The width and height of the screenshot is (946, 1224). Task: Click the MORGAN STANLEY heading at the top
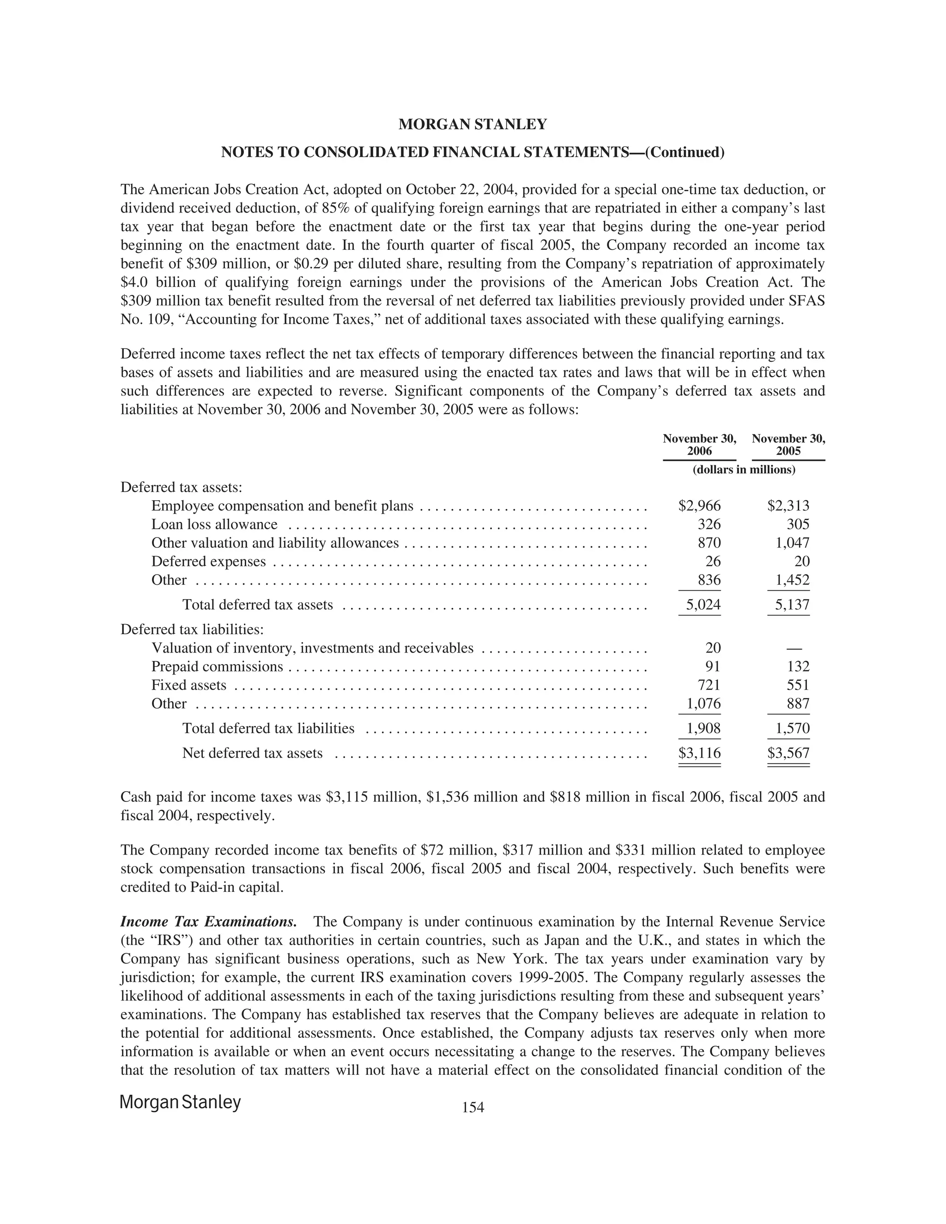click(x=473, y=124)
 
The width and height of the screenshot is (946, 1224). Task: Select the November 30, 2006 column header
click(x=699, y=445)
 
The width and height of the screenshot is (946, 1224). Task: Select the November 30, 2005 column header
click(x=788, y=445)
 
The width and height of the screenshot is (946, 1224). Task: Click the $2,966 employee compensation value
click(x=699, y=506)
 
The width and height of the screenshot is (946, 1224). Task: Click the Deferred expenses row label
click(x=208, y=562)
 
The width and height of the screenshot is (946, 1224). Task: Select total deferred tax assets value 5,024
click(x=703, y=605)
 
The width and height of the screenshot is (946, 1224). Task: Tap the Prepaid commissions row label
click(x=217, y=667)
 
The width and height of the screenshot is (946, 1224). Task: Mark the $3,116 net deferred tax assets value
click(x=699, y=753)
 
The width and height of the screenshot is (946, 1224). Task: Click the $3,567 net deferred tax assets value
click(x=788, y=753)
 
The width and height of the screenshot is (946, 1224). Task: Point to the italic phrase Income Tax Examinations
click(x=208, y=922)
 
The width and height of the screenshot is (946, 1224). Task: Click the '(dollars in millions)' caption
click(x=744, y=470)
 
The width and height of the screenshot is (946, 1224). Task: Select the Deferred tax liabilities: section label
click(x=192, y=630)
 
